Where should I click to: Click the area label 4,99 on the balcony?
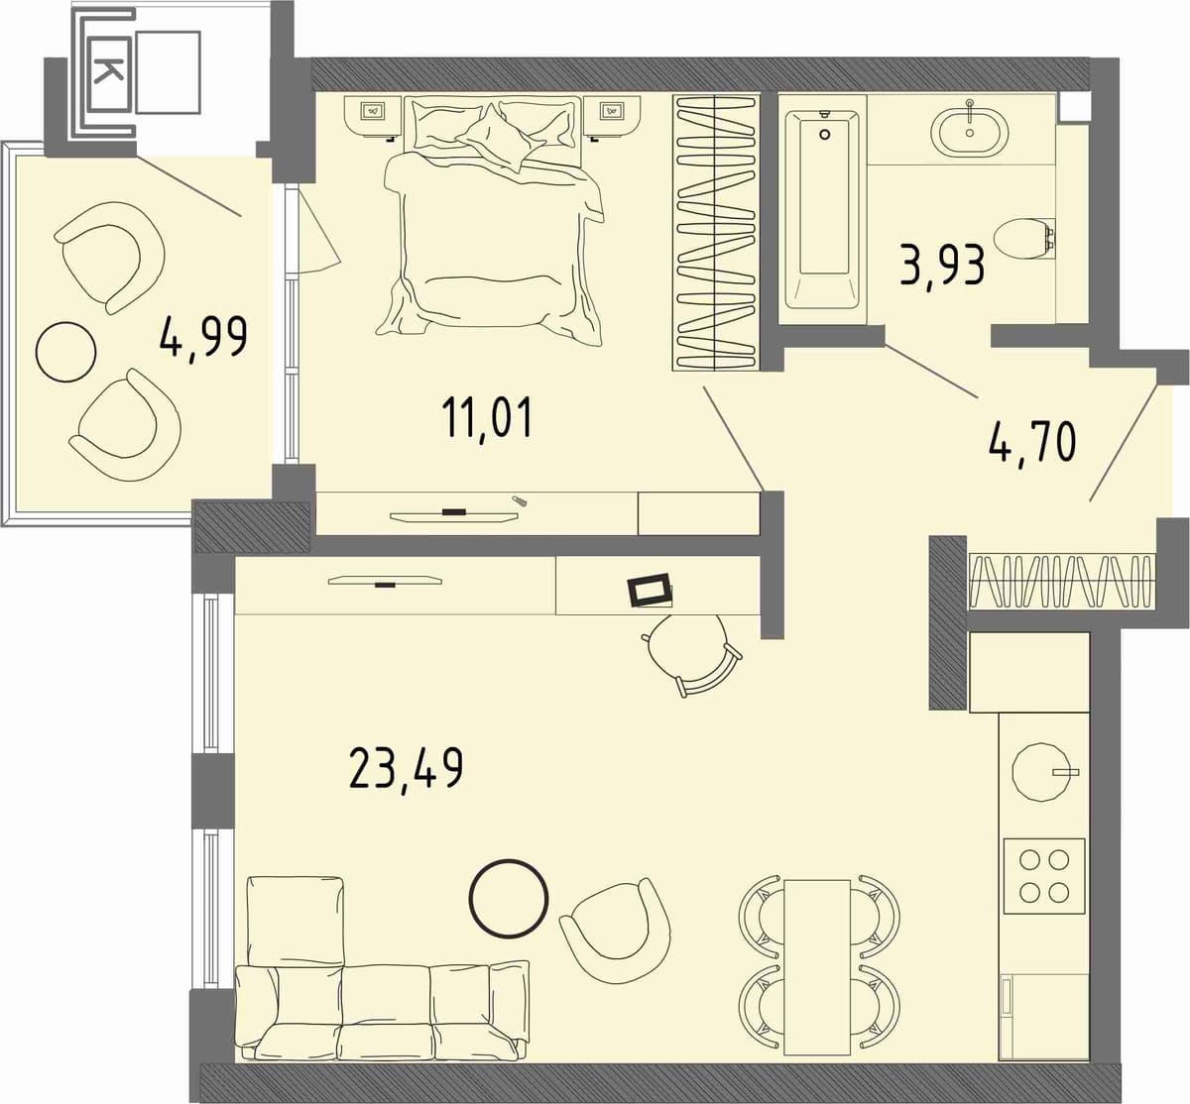click(x=203, y=339)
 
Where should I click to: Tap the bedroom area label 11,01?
click(x=487, y=418)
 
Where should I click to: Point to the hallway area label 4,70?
click(x=1032, y=441)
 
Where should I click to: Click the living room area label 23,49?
click(x=407, y=770)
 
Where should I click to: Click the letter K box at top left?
click(x=109, y=73)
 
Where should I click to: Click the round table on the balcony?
click(x=65, y=352)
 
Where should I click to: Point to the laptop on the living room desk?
click(x=651, y=591)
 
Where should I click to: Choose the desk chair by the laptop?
click(x=693, y=654)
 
